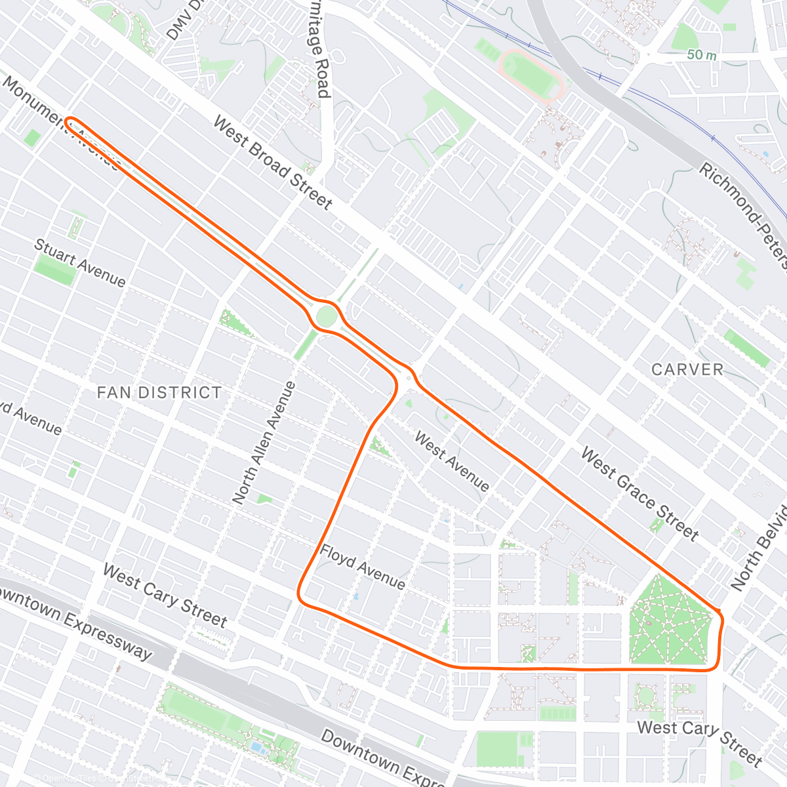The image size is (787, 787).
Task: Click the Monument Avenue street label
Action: point(62,122)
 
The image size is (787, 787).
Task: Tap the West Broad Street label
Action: point(273,163)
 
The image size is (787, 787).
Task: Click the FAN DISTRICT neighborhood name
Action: point(159,393)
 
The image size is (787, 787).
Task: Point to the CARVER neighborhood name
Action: point(687,370)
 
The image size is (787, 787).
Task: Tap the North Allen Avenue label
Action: point(264,443)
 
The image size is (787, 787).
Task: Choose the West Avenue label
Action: point(452,461)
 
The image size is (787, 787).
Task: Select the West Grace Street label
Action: point(639,494)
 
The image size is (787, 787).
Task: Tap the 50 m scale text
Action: point(701,55)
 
